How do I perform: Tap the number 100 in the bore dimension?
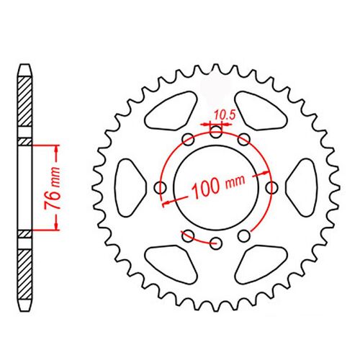click(x=207, y=189)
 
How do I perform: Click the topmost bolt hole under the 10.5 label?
click(x=216, y=131)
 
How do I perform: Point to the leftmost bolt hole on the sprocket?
click(x=161, y=188)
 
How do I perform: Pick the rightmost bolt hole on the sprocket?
click(x=271, y=188)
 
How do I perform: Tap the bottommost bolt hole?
click(x=216, y=243)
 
